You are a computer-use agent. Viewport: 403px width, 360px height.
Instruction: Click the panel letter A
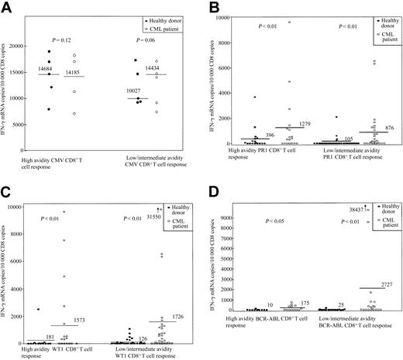click(x=6, y=7)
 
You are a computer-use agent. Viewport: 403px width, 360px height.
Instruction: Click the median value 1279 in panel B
click(x=305, y=124)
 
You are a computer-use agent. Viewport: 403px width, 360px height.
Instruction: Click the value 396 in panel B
click(x=270, y=135)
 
